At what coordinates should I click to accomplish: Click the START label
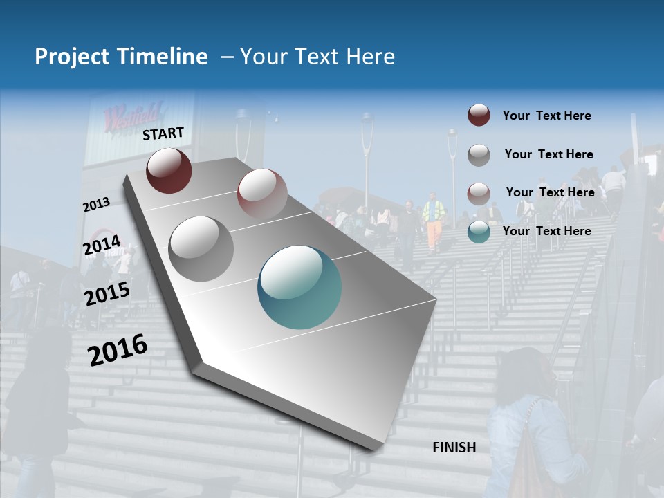[163, 133]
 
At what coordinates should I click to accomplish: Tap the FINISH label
[454, 448]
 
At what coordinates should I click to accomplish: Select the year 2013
[96, 205]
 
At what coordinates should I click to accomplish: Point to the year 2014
[102, 246]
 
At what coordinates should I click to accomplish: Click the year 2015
[107, 294]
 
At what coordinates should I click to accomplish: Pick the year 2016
[118, 349]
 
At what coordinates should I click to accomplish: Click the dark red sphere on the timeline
[169, 170]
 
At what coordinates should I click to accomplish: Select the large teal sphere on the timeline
[299, 287]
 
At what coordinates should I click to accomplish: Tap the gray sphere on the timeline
[201, 248]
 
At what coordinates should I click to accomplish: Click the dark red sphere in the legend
[479, 115]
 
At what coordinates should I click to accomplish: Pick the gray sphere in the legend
[479, 154]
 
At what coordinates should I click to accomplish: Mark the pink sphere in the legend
[479, 193]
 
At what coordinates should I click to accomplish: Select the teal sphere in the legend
[479, 232]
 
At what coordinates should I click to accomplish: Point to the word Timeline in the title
[164, 57]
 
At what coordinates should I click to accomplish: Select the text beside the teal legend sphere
[546, 231]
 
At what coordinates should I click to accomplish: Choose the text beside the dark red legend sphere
[546, 116]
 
